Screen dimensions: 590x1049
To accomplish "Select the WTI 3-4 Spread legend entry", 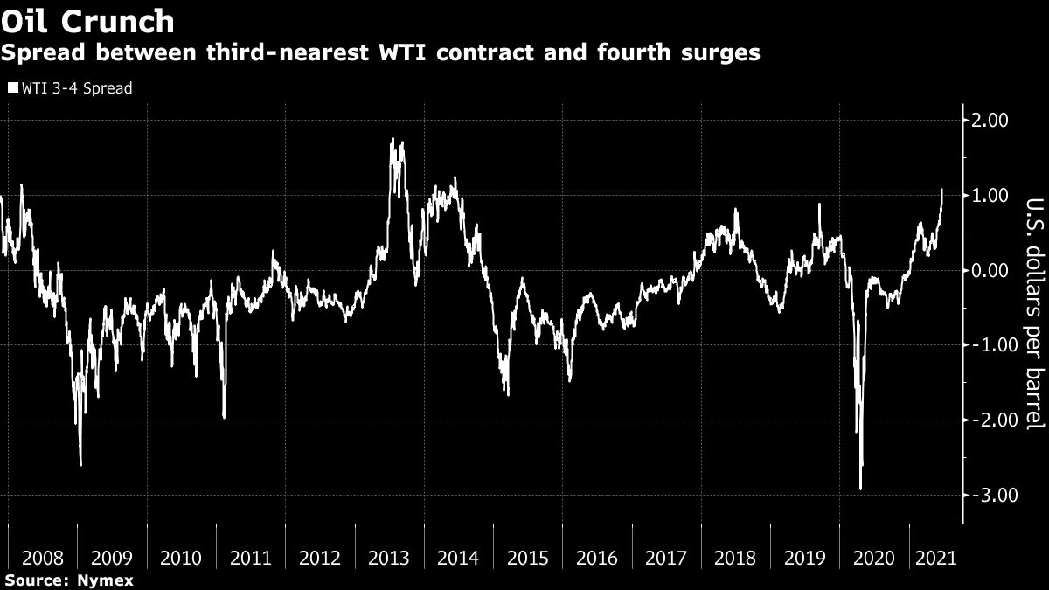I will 70,88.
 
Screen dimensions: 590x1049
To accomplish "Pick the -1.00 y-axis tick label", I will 988,345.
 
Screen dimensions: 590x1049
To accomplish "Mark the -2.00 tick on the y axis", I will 988,420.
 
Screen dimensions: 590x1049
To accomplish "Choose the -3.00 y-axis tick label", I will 988,496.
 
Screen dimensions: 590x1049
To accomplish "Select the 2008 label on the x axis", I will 43,559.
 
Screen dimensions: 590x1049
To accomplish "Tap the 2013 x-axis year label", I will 389,559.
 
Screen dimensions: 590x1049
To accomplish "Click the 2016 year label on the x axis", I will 597,559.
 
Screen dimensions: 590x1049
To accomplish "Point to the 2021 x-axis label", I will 934,559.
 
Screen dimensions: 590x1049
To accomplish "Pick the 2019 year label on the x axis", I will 805,559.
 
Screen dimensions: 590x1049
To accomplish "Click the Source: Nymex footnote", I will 68,580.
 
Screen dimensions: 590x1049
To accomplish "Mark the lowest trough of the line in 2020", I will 860,489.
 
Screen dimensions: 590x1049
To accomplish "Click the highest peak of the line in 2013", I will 393,139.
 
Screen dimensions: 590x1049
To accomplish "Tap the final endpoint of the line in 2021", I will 942,189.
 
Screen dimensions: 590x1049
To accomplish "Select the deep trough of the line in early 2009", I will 80,465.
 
